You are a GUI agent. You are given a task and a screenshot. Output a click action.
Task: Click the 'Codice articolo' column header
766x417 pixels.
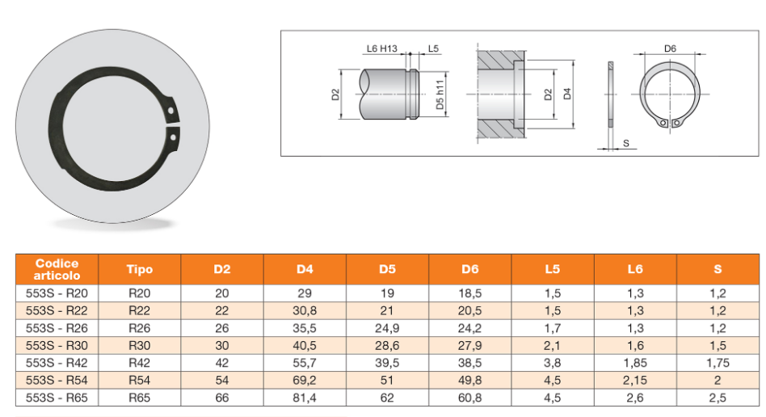click(x=57, y=269)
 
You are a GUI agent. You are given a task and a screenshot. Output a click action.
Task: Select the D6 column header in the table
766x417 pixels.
click(x=470, y=269)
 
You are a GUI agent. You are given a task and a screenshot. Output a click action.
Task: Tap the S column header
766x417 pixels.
click(x=718, y=269)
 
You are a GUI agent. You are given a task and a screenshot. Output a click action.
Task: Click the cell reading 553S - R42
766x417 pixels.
click(x=57, y=363)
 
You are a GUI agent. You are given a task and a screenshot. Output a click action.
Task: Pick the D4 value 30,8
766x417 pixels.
click(x=305, y=310)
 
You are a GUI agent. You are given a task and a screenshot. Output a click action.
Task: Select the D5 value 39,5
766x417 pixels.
click(x=387, y=363)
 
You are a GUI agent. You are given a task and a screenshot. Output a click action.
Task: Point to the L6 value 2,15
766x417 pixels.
click(x=635, y=381)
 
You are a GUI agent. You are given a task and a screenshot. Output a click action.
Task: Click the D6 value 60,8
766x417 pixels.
click(x=470, y=398)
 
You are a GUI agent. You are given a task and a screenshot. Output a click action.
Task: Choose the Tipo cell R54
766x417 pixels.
click(x=139, y=381)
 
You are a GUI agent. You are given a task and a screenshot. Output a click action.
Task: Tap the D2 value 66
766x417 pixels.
click(x=221, y=398)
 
